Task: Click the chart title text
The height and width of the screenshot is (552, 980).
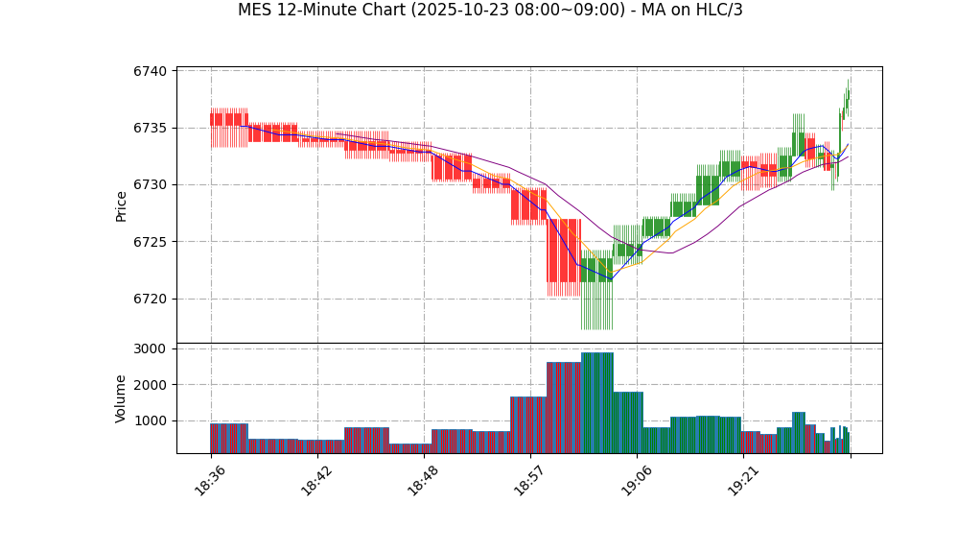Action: [x=490, y=11]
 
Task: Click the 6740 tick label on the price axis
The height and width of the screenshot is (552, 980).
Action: [x=151, y=71]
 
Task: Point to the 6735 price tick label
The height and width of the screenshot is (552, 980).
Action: [x=151, y=128]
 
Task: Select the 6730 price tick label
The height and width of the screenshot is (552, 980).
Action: [x=151, y=184]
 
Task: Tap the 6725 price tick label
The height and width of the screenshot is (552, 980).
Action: [x=151, y=242]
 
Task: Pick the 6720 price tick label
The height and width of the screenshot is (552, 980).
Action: [x=151, y=299]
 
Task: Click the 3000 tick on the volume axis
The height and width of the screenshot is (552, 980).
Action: [x=151, y=348]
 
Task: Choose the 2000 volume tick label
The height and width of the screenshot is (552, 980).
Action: [x=151, y=385]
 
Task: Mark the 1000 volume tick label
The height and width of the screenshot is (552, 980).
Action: [x=151, y=420]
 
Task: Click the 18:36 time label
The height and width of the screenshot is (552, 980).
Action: [x=210, y=481]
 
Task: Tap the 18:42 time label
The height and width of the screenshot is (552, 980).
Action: [x=316, y=481]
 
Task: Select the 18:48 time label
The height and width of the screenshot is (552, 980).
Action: [x=423, y=481]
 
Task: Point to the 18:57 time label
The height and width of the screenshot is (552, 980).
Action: [x=529, y=481]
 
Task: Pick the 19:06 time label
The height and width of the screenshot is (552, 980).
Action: [x=636, y=481]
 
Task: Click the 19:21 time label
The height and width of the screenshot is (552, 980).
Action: [x=743, y=481]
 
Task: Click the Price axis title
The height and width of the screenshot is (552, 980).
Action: [x=122, y=205]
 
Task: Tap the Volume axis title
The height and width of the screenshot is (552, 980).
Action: [x=122, y=398]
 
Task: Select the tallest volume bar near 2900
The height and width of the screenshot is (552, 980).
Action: [x=596, y=403]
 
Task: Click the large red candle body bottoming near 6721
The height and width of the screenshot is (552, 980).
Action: [x=564, y=251]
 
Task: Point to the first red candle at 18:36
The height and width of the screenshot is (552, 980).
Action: [x=229, y=119]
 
